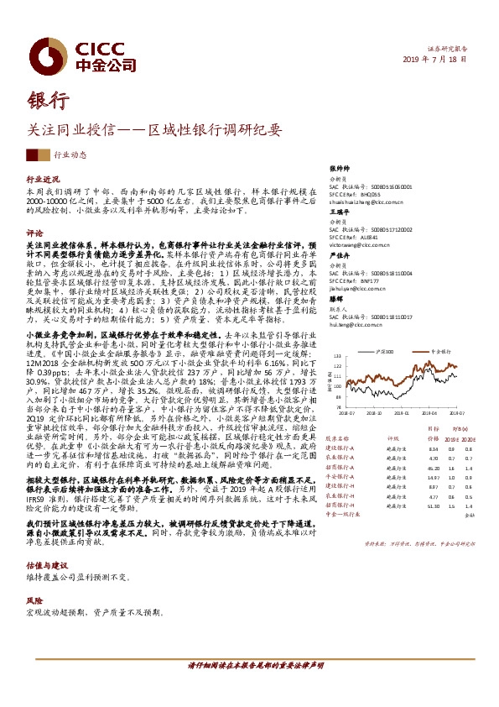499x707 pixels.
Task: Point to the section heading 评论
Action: coord(35,232)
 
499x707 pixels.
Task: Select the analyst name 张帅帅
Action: coord(338,168)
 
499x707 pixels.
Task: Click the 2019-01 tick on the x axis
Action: coord(400,413)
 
